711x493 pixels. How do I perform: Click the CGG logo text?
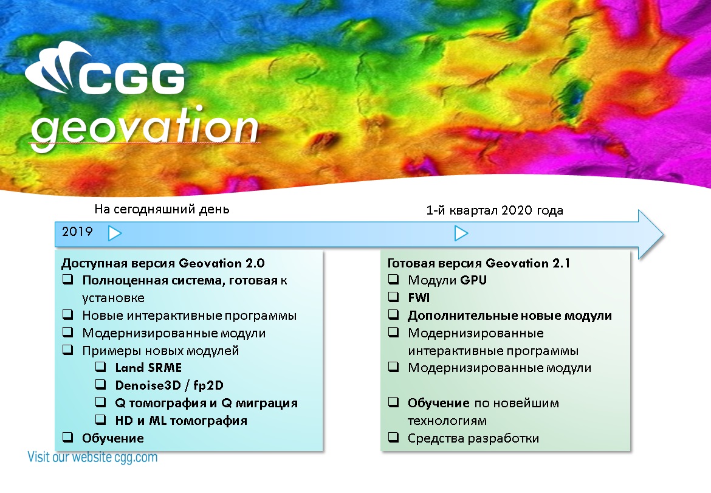pyautogui.click(x=132, y=78)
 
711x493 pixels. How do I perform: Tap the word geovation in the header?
pyautogui.click(x=145, y=128)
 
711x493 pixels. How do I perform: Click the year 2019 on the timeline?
pyautogui.click(x=77, y=232)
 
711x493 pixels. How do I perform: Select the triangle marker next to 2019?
pyautogui.click(x=115, y=233)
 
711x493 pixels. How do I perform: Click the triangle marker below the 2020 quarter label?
pyautogui.click(x=461, y=233)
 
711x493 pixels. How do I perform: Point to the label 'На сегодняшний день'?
pyautogui.click(x=162, y=210)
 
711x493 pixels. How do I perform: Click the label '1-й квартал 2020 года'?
pyautogui.click(x=495, y=210)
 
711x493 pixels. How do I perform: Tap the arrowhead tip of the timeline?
pyautogui.click(x=664, y=235)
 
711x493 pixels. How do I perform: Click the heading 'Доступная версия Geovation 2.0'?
pyautogui.click(x=163, y=263)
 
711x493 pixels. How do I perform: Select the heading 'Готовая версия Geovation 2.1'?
pyautogui.click(x=478, y=263)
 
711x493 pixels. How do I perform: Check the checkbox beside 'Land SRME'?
pyautogui.click(x=101, y=367)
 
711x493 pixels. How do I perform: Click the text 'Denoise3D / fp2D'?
pyautogui.click(x=169, y=385)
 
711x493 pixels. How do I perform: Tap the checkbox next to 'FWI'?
pyautogui.click(x=394, y=297)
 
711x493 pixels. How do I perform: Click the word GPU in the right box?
pyautogui.click(x=473, y=280)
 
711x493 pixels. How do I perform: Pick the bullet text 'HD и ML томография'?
pyautogui.click(x=181, y=421)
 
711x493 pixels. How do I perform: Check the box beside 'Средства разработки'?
pyautogui.click(x=394, y=438)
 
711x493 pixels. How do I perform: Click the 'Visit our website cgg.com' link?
pyautogui.click(x=92, y=457)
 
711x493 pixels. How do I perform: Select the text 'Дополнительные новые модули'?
pyautogui.click(x=510, y=315)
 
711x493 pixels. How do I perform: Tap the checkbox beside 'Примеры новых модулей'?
pyautogui.click(x=67, y=350)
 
